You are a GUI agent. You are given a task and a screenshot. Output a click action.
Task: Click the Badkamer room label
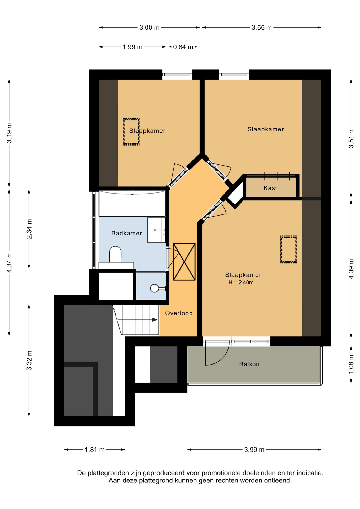(x=126, y=233)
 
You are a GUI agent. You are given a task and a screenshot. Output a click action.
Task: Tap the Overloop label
(x=179, y=313)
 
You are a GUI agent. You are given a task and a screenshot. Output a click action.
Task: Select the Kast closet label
(x=270, y=188)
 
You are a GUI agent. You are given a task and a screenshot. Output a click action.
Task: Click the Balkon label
(x=249, y=364)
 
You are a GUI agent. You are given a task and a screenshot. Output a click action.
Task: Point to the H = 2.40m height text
(x=241, y=283)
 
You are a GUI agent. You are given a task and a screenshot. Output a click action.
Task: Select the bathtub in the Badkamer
(x=132, y=203)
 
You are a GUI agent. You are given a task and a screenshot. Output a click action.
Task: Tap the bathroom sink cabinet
(x=156, y=230)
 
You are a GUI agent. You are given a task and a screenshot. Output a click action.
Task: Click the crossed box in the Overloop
(x=184, y=262)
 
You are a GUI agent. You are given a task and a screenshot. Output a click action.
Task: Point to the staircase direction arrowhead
(x=155, y=320)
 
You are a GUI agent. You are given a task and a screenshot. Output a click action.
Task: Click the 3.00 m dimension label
(x=149, y=28)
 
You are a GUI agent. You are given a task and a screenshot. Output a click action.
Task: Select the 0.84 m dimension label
(x=183, y=47)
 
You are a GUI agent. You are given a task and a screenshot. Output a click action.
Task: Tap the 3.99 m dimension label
(x=254, y=450)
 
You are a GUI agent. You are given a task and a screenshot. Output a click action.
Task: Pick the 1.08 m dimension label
(x=351, y=364)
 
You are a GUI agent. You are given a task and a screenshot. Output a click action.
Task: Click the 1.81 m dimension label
(x=95, y=450)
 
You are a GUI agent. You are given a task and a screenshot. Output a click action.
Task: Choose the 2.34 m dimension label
(x=29, y=229)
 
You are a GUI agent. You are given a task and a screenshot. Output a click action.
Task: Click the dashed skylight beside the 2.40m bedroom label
(x=288, y=249)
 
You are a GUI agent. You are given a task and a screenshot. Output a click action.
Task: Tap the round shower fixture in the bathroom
(x=154, y=288)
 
